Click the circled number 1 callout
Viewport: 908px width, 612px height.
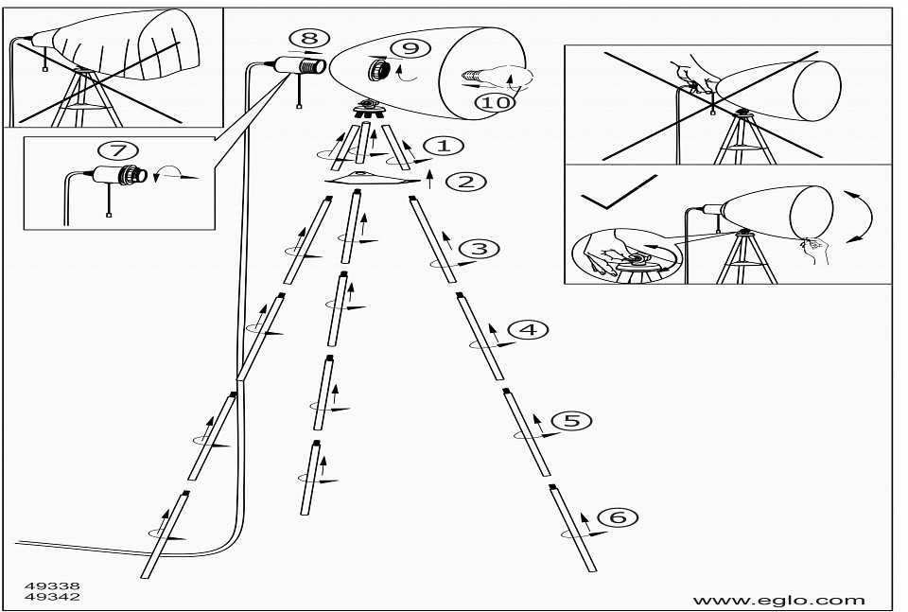point(444,146)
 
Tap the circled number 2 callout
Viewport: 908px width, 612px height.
point(465,182)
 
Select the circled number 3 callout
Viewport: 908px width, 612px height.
point(479,249)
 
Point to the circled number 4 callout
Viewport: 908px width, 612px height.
point(528,329)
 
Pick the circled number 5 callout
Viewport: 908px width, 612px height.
point(571,420)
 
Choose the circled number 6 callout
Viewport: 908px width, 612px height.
point(618,516)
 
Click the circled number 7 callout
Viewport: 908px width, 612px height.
point(118,149)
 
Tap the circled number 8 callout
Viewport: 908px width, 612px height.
point(309,38)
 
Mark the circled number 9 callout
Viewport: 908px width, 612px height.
point(409,47)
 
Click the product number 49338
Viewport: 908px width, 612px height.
point(53,586)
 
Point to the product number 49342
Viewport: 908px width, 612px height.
point(53,598)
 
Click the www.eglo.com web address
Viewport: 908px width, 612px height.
point(778,600)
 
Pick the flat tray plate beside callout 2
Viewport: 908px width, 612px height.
point(372,179)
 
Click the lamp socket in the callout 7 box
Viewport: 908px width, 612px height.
point(127,175)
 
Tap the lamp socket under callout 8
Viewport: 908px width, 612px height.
point(301,66)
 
